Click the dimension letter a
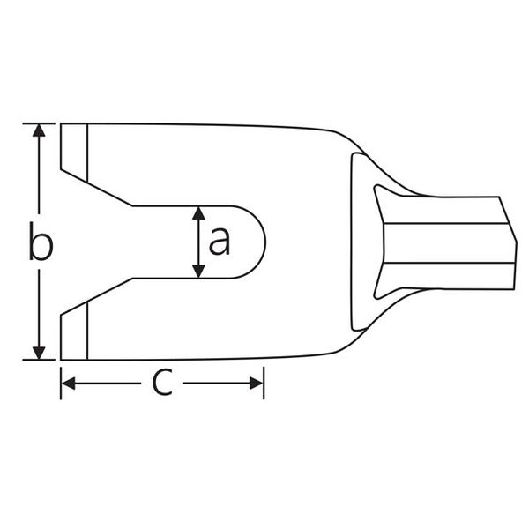220,241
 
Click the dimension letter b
41,241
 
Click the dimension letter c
162,383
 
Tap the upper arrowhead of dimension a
198,213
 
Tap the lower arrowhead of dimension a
198,272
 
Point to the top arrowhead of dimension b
39,130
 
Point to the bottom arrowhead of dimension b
39,353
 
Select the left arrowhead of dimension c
69,384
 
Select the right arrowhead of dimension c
256,384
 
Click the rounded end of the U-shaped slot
265,242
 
